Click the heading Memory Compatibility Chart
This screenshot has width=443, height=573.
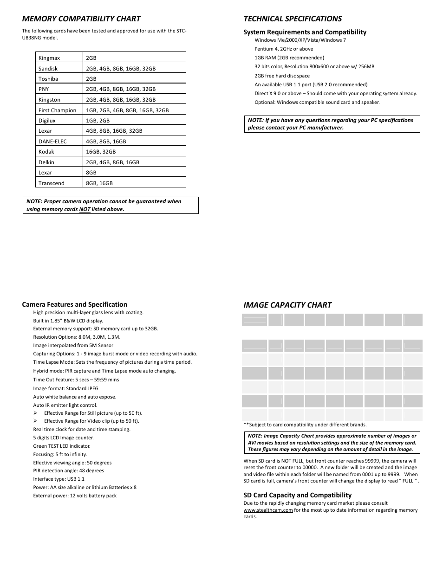pyautogui.click(x=81, y=19)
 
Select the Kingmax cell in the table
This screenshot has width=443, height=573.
pyautogui.click(x=49, y=58)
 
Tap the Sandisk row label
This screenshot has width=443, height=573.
pyautogui.click(x=48, y=68)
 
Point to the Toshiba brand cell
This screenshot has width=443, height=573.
pyautogui.click(x=48, y=79)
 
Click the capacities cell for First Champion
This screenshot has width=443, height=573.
pyautogui.click(x=127, y=110)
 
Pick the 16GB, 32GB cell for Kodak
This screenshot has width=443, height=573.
pyautogui.click(x=101, y=152)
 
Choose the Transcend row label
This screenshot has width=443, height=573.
pyautogui.click(x=52, y=183)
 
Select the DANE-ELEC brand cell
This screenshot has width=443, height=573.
pyautogui.click(x=52, y=142)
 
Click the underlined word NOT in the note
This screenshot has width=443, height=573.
pyautogui.click(x=85, y=209)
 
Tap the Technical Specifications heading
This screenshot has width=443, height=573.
pyautogui.click(x=293, y=19)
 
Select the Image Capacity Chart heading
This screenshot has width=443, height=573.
pyautogui.click(x=287, y=305)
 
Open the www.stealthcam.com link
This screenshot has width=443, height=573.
pyautogui.click(x=268, y=510)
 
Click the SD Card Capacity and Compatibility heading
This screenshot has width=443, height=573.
pyautogui.click(x=297, y=495)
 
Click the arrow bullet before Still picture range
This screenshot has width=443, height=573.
pyautogui.click(x=35, y=413)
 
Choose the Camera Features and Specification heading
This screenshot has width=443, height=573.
pyautogui.click(x=74, y=304)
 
